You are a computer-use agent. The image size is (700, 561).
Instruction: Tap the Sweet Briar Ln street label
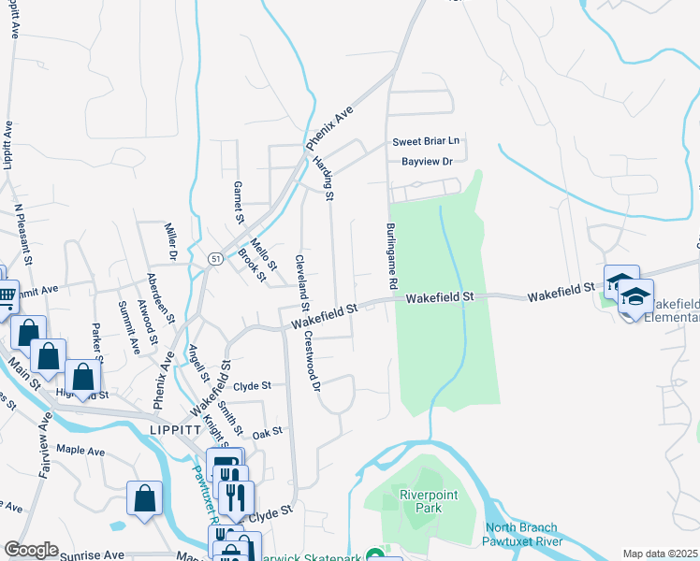tap(427, 141)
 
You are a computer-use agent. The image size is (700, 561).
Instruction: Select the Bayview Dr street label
tap(427, 162)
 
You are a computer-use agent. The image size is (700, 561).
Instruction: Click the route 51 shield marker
tap(215, 259)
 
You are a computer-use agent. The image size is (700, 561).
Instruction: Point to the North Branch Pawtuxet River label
tap(522, 534)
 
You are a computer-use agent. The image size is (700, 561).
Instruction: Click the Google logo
tap(31, 550)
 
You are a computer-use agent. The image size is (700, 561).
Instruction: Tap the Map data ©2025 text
tap(661, 554)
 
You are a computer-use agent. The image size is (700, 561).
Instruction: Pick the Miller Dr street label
tap(171, 241)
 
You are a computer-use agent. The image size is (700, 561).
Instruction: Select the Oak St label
tap(267, 432)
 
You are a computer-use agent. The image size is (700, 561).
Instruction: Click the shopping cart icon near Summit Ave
tap(5, 296)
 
